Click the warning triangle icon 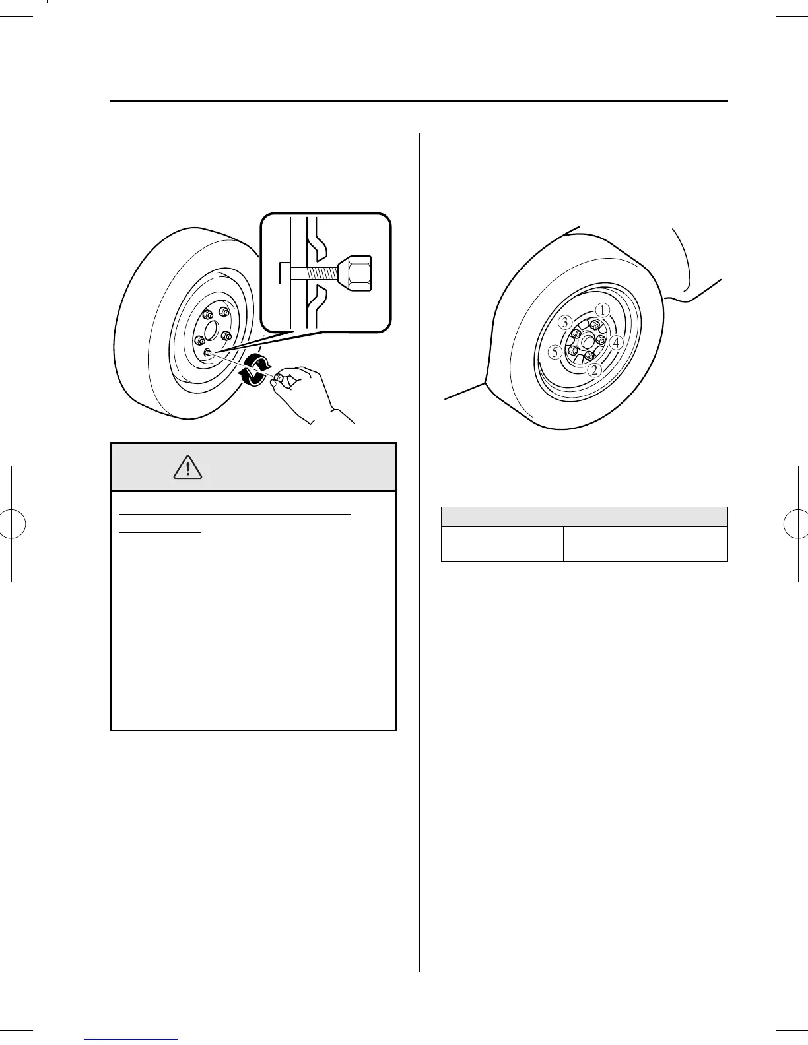click(188, 468)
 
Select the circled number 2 click(595, 370)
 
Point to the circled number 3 click(565, 323)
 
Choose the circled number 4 click(615, 342)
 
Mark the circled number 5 click(556, 353)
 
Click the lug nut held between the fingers click(280, 378)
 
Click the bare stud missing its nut click(207, 353)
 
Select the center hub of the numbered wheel click(586, 342)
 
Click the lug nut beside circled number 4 click(600, 340)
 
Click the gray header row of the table click(584, 517)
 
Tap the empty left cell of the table click(502, 544)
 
